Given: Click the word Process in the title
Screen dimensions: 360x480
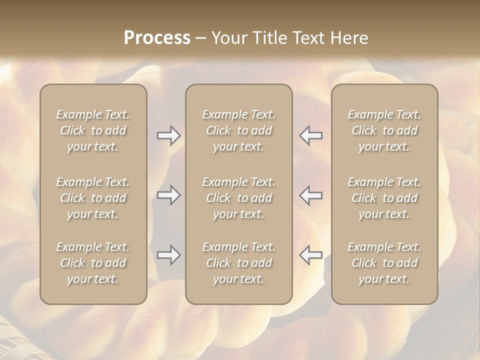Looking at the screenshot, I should pyautogui.click(x=157, y=38).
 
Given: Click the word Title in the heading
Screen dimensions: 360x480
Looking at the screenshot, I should pyautogui.click(x=270, y=38).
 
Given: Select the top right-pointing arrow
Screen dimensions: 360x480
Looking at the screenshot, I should pyautogui.click(x=169, y=135).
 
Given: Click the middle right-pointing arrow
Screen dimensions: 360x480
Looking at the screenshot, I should pyautogui.click(x=169, y=195).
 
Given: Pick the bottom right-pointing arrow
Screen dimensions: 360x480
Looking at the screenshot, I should pyautogui.click(x=169, y=255).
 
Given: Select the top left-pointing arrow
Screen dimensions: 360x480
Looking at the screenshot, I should pyautogui.click(x=310, y=135).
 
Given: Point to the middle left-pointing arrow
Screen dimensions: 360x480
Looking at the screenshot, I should pyautogui.click(x=310, y=195).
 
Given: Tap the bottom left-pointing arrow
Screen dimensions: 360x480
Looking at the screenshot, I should pyautogui.click(x=310, y=255).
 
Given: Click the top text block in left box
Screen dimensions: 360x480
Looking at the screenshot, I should pyautogui.click(x=93, y=130).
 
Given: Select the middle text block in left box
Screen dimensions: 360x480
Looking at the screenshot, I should pyautogui.click(x=93, y=198).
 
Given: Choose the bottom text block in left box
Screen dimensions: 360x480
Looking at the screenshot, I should pyautogui.click(x=93, y=263).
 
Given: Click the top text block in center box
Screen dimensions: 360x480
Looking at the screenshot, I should pyautogui.click(x=238, y=130).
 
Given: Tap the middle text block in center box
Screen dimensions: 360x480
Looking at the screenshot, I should pyautogui.click(x=238, y=198).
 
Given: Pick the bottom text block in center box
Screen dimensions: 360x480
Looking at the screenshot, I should pyautogui.click(x=238, y=263).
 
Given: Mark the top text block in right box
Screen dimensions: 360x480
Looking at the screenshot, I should pyautogui.click(x=384, y=130).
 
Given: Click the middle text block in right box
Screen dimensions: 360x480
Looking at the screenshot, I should pyautogui.click(x=384, y=198).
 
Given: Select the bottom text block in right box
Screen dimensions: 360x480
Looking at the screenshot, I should pyautogui.click(x=384, y=263).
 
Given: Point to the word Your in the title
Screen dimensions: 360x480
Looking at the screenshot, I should pyautogui.click(x=229, y=38).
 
